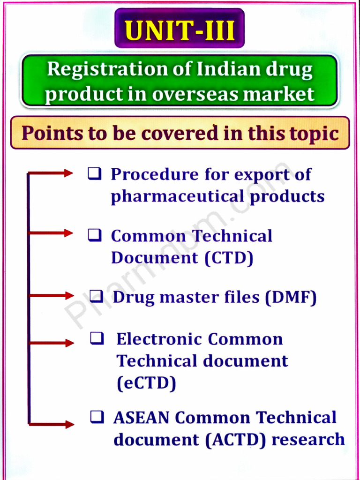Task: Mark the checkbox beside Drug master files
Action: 96,296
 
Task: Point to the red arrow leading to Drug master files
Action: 52,295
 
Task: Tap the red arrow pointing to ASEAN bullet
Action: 52,424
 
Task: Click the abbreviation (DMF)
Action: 290,298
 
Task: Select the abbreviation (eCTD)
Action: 146,383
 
